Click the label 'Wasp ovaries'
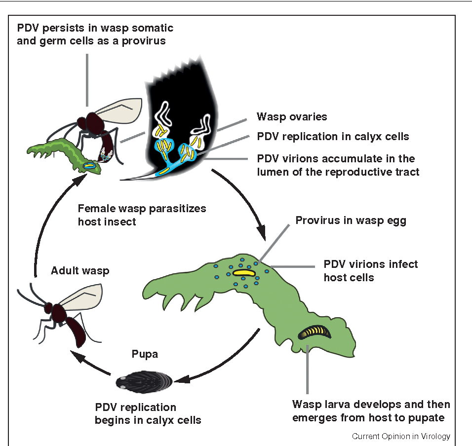pos(292,117)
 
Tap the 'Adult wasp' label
pos(80,270)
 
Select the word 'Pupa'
pos(145,355)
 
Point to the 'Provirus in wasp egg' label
pos(351,221)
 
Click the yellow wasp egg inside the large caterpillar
pos(244,272)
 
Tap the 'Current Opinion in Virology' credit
pos(400,437)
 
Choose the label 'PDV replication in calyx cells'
pos(333,136)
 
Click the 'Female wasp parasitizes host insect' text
pos(142,215)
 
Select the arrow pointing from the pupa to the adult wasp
pos(89,366)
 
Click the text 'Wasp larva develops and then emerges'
pos(371,405)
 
